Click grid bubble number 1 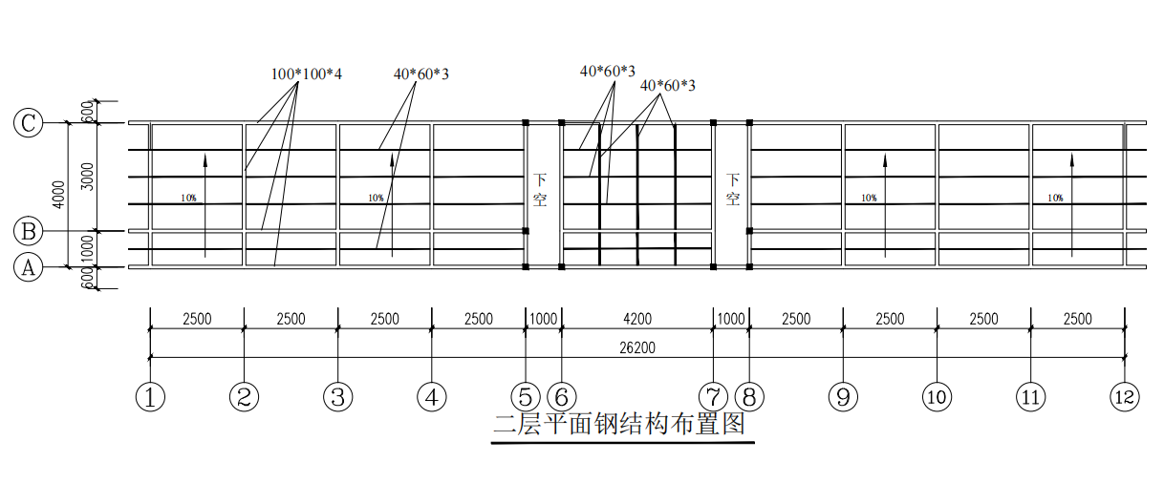[x=150, y=397]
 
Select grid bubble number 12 [x=1125, y=397]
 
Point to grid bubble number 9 [x=842, y=397]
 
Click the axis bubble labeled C [x=29, y=123]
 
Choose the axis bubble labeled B [x=29, y=231]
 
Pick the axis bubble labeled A [x=29, y=268]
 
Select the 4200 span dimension [x=636, y=319]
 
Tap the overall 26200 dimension [x=637, y=348]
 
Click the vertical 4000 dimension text [x=59, y=195]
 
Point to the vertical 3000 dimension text [x=88, y=177]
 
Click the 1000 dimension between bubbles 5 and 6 [x=543, y=319]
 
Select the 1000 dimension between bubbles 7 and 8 [x=731, y=319]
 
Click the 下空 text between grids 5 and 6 [x=540, y=189]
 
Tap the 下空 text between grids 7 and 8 [x=733, y=189]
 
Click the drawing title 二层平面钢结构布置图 [x=618, y=423]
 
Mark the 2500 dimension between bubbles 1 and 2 [x=197, y=319]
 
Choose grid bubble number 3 [x=337, y=397]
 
